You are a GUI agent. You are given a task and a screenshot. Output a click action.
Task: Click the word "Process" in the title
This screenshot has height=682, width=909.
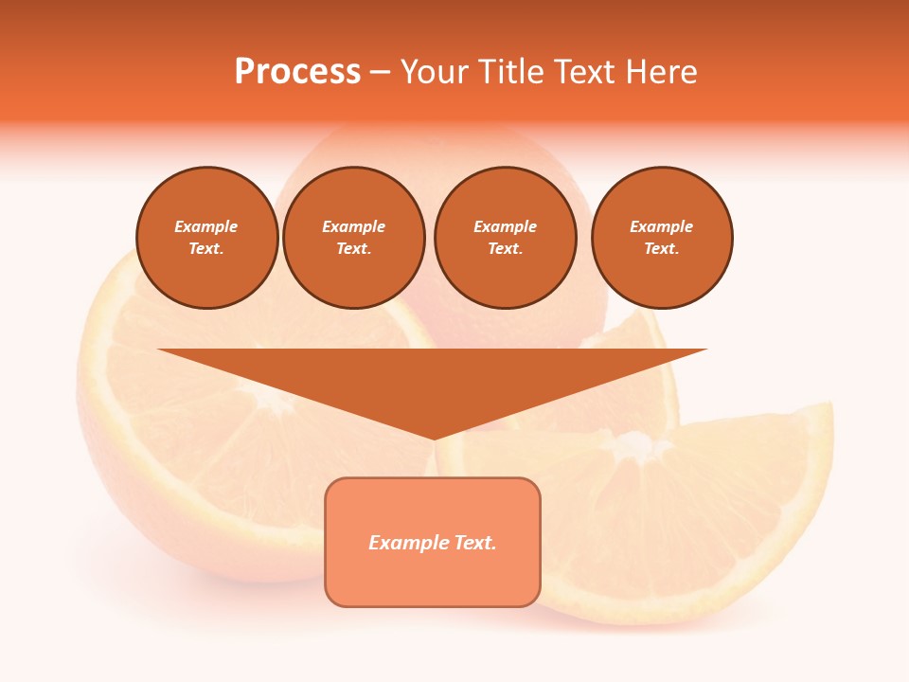point(297,72)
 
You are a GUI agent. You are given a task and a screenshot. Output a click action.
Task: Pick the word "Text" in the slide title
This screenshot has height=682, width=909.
point(587,72)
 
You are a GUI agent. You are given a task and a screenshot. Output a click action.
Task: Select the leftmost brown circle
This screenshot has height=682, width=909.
point(207,238)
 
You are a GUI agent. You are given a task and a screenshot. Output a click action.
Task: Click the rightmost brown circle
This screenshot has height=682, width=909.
point(662,238)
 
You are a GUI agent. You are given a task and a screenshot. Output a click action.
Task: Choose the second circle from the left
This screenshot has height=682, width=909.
point(354,238)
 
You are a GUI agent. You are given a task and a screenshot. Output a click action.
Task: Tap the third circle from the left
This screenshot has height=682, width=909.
point(506,238)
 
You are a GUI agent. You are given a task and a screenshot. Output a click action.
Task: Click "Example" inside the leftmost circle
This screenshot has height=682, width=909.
point(206,226)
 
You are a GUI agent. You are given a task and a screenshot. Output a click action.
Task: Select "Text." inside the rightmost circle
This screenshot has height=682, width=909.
point(662,248)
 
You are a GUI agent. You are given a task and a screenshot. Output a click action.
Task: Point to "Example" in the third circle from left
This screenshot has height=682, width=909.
point(506,226)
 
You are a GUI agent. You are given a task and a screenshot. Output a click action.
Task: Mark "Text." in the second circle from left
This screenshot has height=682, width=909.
point(354,248)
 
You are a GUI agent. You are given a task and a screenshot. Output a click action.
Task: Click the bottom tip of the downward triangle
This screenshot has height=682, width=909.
point(434,437)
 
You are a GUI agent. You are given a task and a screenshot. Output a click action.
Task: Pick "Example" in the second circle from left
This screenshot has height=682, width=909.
point(354,226)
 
